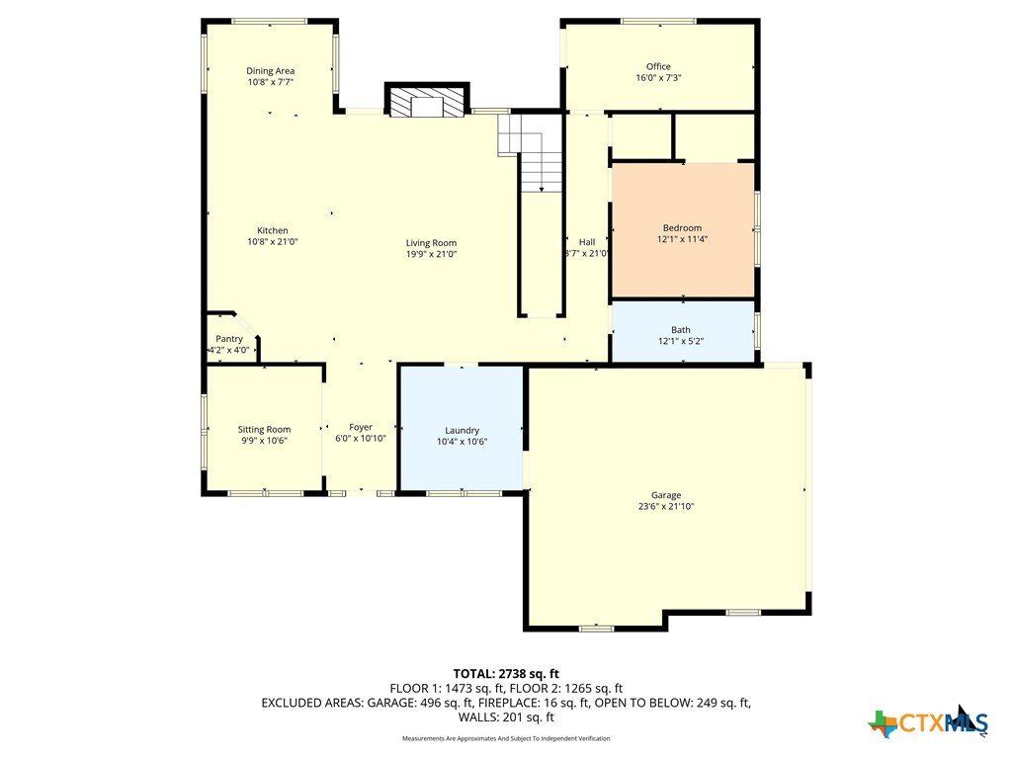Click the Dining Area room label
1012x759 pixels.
coord(271,71)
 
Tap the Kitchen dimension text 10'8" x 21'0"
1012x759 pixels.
coord(273,242)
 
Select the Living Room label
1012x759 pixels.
coord(431,243)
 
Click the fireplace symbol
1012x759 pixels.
coord(427,101)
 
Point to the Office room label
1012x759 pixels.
coord(658,66)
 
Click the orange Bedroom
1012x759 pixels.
coord(683,230)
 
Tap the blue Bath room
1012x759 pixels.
coord(683,332)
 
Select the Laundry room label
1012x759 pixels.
coord(463,431)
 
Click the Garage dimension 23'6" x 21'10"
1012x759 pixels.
coord(666,507)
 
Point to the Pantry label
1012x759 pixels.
coord(229,339)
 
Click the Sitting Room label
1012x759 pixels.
coord(264,430)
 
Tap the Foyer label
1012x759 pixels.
coord(361,427)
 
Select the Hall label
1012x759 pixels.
coord(587,242)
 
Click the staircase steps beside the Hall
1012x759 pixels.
coord(531,153)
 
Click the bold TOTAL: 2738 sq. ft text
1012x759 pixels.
coord(506,674)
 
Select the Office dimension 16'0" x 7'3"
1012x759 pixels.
coord(658,77)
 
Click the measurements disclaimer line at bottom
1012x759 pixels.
coord(506,738)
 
